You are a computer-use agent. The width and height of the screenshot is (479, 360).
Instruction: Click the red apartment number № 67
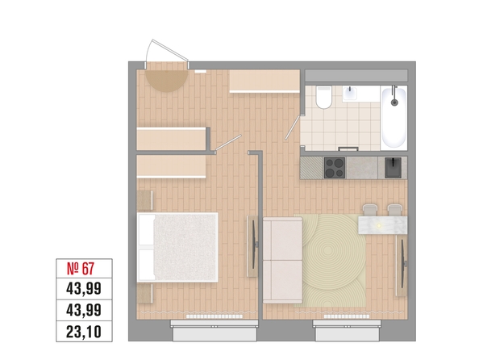coord(81,269)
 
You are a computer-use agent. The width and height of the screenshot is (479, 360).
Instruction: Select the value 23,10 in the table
coord(84,332)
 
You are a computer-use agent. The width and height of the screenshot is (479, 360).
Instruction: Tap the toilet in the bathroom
coord(324,97)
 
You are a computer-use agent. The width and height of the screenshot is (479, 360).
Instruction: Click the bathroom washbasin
coord(350,94)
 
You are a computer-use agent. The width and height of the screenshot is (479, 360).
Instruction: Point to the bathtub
coord(394,117)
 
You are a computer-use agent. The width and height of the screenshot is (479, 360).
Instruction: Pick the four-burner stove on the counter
coord(335,168)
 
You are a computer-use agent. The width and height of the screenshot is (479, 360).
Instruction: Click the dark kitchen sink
coord(393,168)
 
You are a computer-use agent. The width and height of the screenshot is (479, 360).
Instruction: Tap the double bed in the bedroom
coord(177,247)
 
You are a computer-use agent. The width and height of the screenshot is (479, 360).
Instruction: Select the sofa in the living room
coord(282,260)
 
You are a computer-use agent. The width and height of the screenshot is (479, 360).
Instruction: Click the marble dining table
coord(383,225)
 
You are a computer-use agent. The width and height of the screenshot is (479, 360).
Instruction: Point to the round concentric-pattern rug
coord(330,261)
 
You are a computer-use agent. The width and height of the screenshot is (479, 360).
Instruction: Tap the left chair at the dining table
coord(371,210)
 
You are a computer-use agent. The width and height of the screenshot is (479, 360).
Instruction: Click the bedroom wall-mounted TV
coord(253,246)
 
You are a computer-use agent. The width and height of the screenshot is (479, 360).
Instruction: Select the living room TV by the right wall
coord(402,266)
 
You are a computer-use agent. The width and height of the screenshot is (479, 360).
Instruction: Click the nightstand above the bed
coord(144,200)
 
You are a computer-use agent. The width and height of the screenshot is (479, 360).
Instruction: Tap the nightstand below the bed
coord(144,294)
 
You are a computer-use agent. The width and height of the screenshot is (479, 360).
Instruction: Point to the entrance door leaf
coord(170,49)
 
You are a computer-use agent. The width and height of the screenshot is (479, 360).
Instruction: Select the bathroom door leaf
coord(294,127)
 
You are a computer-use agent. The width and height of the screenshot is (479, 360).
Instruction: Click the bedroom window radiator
coord(215,316)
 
